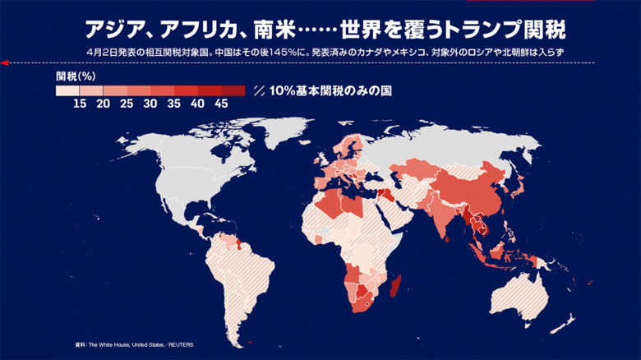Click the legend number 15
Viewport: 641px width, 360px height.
coord(80,104)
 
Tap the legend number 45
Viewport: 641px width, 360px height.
coord(221,104)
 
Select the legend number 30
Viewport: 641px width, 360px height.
coord(150,104)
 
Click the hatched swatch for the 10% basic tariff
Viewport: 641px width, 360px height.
coord(260,90)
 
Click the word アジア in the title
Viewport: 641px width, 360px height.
coord(115,30)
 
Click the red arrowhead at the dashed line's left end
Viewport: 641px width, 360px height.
coord(5,62)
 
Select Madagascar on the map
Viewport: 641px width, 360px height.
coord(399,287)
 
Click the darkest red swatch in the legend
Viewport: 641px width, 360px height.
coord(233,90)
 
